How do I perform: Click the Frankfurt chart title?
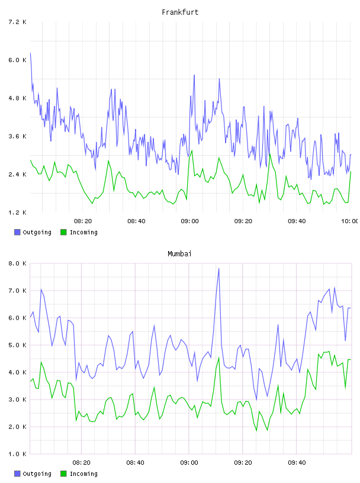click(x=180, y=12)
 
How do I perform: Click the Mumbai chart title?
click(x=179, y=254)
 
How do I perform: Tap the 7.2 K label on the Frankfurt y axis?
click(x=17, y=22)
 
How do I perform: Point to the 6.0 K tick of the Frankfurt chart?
click(x=17, y=60)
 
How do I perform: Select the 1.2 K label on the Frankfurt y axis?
click(x=17, y=212)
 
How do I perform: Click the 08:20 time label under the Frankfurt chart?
click(x=83, y=221)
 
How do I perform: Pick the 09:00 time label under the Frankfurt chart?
click(x=190, y=221)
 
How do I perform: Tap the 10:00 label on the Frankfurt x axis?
click(x=349, y=221)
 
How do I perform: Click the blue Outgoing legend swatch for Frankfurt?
click(x=17, y=232)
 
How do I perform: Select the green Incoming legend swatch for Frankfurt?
click(x=63, y=232)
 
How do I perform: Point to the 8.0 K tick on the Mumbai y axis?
click(x=17, y=263)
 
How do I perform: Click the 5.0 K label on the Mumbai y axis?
click(x=17, y=345)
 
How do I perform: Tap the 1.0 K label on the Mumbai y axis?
click(x=17, y=454)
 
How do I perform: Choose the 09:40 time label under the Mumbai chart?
click(x=297, y=463)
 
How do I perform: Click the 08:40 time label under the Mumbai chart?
click(x=136, y=463)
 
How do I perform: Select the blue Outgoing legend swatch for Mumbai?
click(x=17, y=474)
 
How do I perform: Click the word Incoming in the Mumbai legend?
click(x=83, y=474)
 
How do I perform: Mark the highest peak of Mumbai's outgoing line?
click(x=219, y=269)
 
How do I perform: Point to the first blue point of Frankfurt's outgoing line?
click(x=30, y=53)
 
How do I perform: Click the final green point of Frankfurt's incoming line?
click(x=351, y=172)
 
